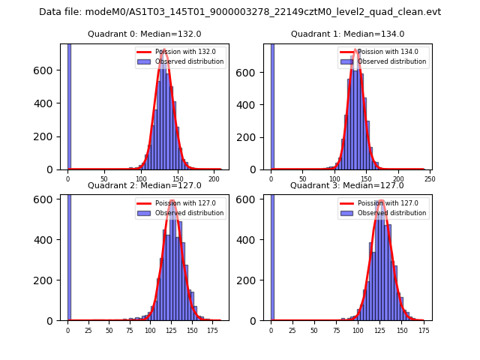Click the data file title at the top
(x=240, y=12)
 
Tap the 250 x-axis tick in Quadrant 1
(x=430, y=180)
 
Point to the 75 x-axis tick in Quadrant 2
(x=130, y=331)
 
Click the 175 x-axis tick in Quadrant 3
(x=424, y=331)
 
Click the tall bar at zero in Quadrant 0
(x=69, y=105)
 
